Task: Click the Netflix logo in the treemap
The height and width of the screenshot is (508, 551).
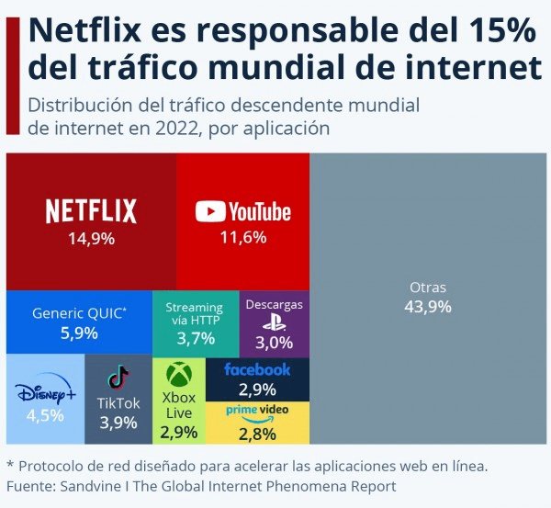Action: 91,211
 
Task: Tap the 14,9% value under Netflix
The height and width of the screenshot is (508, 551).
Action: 91,239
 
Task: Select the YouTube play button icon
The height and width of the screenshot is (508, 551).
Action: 210,212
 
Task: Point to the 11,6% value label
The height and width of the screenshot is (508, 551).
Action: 243,238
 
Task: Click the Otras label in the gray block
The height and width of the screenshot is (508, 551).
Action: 428,288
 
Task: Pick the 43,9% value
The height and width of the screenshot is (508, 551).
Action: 428,307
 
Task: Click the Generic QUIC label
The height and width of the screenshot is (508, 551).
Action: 79,312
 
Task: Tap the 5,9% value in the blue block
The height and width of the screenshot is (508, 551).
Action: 79,333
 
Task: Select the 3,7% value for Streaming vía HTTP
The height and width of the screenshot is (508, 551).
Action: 196,338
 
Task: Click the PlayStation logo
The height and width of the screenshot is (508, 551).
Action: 274,322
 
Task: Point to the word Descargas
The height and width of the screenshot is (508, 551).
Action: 274,305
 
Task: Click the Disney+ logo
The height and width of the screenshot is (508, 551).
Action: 45,394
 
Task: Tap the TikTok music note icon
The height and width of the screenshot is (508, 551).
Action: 118,378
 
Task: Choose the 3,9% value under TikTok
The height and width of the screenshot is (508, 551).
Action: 118,423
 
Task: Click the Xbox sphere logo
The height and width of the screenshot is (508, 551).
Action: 178,375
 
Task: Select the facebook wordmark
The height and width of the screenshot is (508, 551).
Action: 257,369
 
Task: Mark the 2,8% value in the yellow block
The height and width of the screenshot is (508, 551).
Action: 257,433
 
